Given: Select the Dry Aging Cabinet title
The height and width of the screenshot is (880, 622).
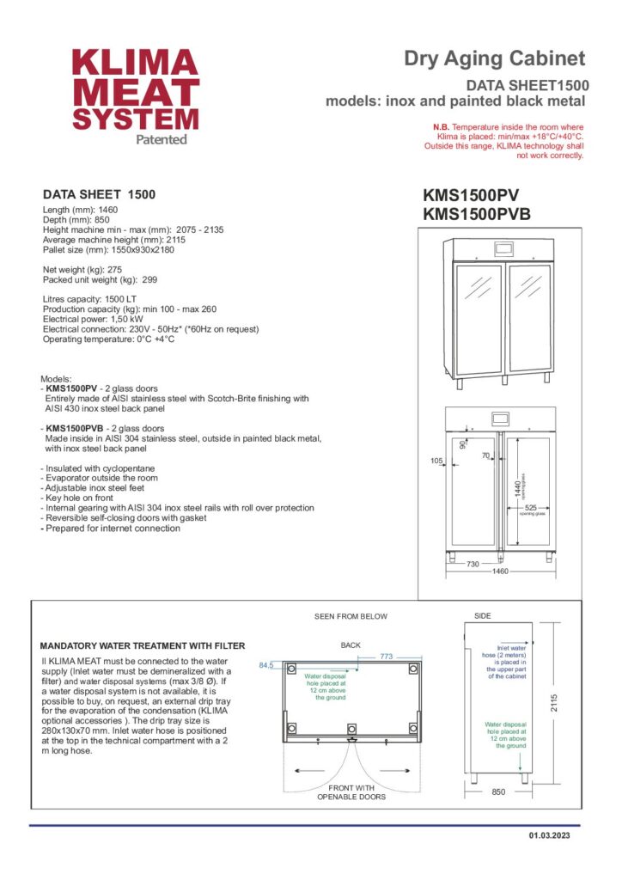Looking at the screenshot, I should pyautogui.click(x=495, y=58).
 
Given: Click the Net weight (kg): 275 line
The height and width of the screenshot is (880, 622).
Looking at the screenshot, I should pyautogui.click(x=83, y=270).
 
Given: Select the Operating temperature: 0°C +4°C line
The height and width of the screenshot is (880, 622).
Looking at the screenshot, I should pyautogui.click(x=108, y=339).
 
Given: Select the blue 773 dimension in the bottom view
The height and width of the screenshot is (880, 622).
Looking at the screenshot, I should pyautogui.click(x=387, y=657).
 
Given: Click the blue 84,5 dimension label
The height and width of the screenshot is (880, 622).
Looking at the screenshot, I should pyautogui.click(x=265, y=665).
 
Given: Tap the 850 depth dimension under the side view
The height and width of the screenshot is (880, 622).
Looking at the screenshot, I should pyautogui.click(x=498, y=792).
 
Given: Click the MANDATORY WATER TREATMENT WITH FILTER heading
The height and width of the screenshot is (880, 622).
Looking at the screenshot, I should pyautogui.click(x=143, y=645).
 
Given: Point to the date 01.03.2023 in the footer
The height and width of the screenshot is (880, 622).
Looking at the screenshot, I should pyautogui.click(x=548, y=835).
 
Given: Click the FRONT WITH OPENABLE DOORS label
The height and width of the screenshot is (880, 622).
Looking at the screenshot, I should pyautogui.click(x=351, y=792).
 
